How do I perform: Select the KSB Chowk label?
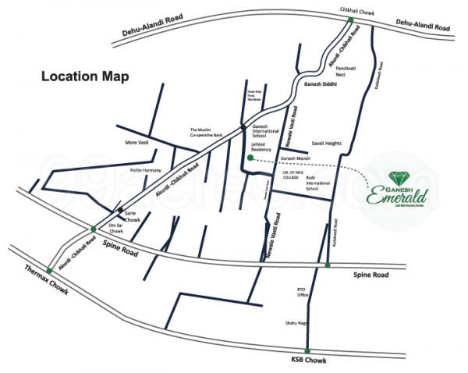tap(307, 361)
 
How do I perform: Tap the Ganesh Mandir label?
tap(295, 158)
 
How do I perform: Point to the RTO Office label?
tap(303, 292)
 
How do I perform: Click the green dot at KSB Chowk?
tap(307, 351)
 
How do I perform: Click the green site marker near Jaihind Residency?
tap(250, 158)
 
